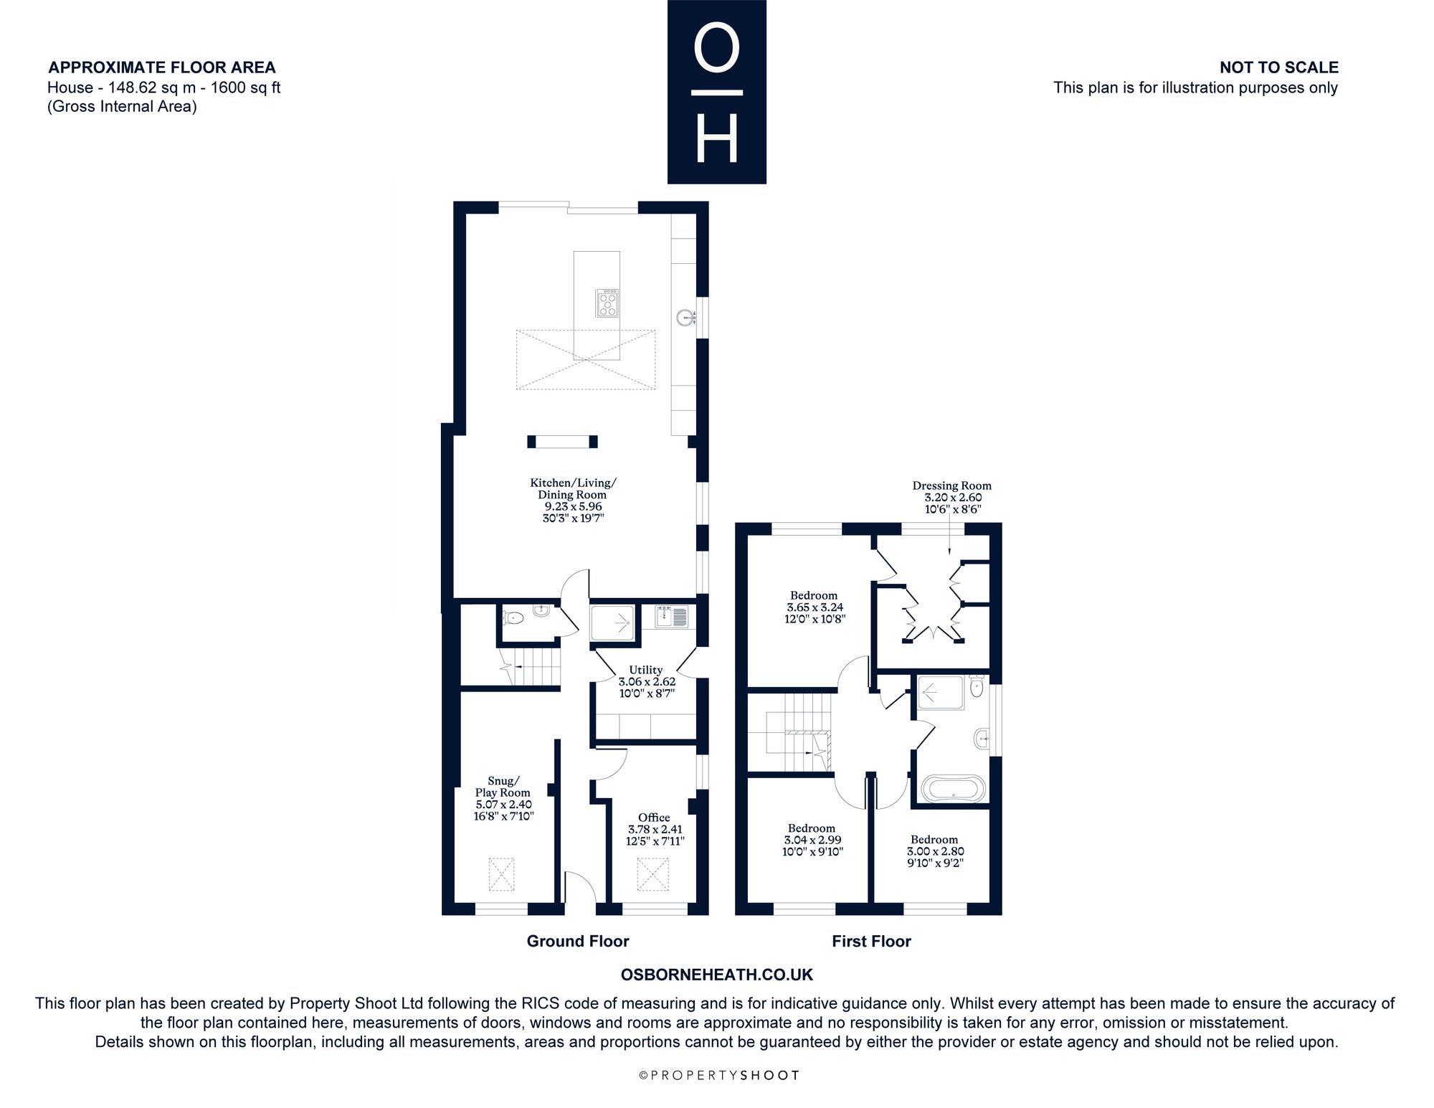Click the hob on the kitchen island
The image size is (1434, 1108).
607,303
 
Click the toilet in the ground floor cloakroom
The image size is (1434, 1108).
513,617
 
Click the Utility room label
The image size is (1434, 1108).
645,670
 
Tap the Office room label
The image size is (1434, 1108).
654,818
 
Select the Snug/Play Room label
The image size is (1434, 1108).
503,787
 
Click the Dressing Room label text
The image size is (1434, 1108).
951,486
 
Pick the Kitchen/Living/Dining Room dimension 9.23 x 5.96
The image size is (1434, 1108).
573,506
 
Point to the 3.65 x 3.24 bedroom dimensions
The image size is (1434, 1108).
815,607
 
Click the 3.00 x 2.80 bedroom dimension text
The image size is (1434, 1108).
935,851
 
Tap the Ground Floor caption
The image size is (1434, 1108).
578,941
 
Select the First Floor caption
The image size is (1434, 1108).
871,941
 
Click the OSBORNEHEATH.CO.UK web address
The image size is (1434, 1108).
716,975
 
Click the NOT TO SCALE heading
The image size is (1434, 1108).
1279,67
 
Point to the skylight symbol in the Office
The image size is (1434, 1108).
652,875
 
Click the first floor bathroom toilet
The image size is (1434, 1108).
976,685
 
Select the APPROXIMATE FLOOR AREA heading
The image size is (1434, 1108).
162,67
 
